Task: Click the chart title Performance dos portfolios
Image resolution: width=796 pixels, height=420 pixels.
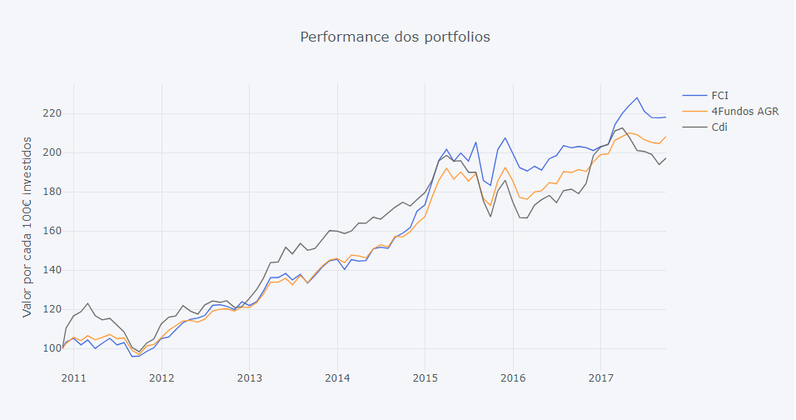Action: [x=395, y=37]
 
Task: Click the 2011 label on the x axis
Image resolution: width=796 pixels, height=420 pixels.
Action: [x=73, y=378]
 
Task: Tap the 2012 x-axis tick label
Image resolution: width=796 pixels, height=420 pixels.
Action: [x=162, y=378]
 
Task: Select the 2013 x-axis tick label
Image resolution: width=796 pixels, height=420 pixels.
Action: [x=249, y=378]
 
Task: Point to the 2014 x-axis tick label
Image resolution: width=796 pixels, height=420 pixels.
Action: [x=337, y=378]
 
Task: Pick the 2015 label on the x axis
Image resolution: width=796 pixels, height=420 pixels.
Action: [x=425, y=378]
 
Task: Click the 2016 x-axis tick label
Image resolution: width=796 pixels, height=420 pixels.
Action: [x=513, y=378]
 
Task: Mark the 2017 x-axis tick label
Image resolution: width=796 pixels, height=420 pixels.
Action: [x=600, y=378]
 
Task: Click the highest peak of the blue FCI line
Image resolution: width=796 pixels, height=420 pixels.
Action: [x=637, y=97]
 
